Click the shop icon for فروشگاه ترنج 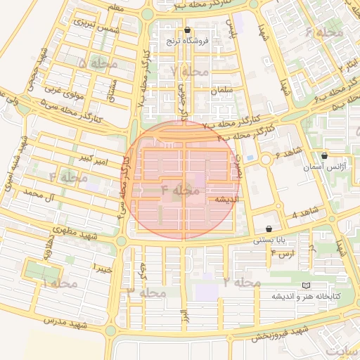pos(187,30)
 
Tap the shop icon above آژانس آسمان pos(324,155)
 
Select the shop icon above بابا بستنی pos(270,229)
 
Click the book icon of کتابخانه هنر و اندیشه pos(304,285)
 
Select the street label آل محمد pos(39,192)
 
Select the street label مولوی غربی pos(65,89)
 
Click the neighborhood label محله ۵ pos(93,64)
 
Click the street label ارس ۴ pos(281,251)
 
